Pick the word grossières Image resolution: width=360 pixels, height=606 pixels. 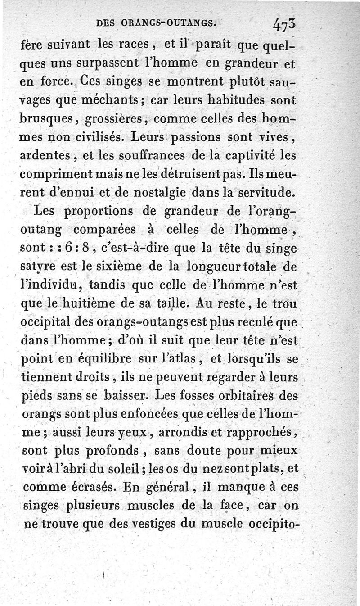pyautogui.click(x=118, y=118)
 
